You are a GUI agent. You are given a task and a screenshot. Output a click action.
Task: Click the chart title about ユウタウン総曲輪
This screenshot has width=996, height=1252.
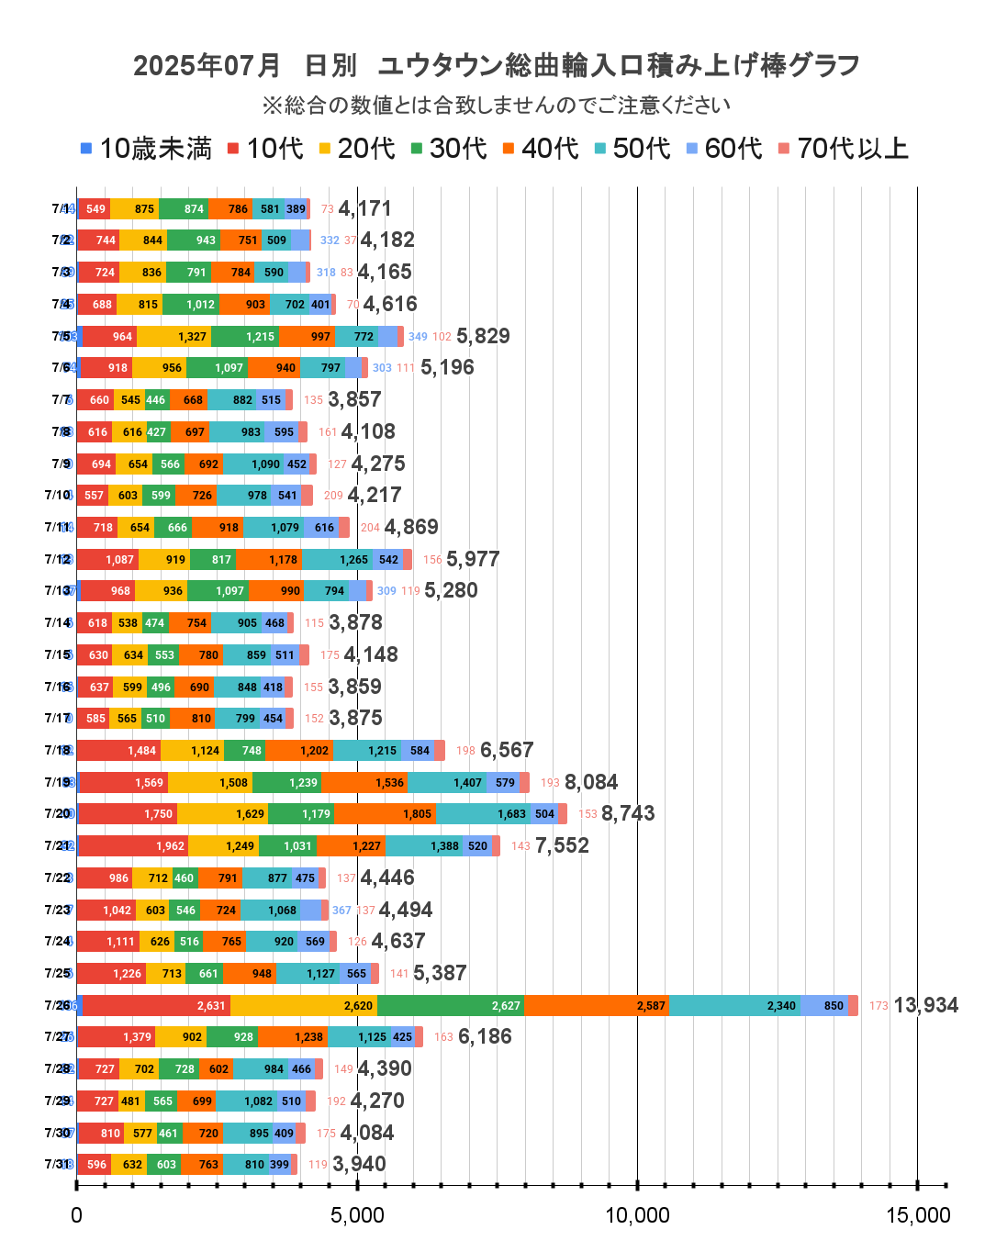click(497, 65)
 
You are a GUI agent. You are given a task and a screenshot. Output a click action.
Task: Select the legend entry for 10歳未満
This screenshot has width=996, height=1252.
click(146, 149)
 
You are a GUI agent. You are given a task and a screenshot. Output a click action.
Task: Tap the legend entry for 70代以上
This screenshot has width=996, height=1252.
click(844, 149)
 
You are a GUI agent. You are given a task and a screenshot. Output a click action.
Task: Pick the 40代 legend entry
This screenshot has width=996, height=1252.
click(541, 149)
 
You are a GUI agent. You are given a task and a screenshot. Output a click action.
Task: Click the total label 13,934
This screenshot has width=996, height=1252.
click(925, 1005)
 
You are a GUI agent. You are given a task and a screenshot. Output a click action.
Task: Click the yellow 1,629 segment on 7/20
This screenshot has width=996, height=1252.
click(223, 813)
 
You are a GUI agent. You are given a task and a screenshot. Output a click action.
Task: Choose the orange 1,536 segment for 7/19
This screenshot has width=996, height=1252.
click(364, 782)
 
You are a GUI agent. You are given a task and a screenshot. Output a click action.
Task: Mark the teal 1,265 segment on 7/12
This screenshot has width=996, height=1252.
click(353, 559)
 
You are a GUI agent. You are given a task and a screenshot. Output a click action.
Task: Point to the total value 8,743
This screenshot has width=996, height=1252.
click(628, 813)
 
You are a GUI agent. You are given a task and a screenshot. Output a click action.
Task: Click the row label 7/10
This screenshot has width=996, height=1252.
click(57, 495)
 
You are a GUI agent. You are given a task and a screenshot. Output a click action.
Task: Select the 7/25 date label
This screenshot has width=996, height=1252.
click(57, 973)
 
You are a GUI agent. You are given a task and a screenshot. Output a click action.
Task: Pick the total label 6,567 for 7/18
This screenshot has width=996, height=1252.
click(507, 750)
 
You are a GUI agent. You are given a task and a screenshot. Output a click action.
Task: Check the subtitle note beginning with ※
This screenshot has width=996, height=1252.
click(497, 105)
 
